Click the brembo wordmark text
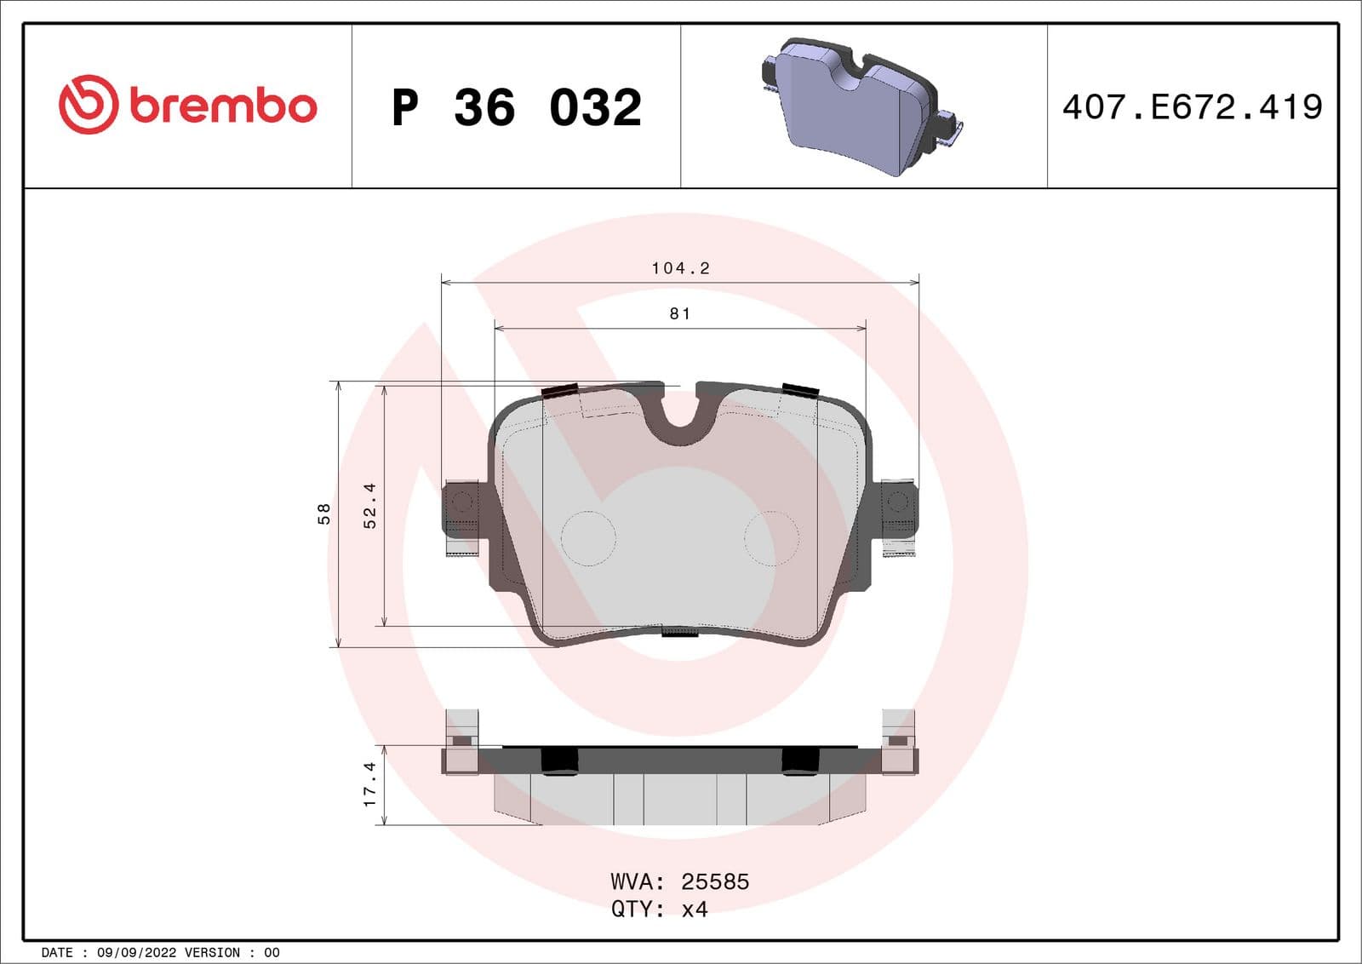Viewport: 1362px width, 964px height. point(223,106)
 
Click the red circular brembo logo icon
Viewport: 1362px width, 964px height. point(88,104)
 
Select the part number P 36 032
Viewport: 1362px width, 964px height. point(516,107)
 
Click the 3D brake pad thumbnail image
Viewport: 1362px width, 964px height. point(860,106)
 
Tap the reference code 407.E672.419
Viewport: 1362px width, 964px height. point(1192,107)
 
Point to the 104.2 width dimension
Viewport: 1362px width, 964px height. point(680,268)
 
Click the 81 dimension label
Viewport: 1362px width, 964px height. point(680,314)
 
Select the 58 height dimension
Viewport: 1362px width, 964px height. point(323,514)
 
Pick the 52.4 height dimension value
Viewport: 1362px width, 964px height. point(369,506)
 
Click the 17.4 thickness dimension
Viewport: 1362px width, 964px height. point(369,783)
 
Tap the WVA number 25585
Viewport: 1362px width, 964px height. point(715,881)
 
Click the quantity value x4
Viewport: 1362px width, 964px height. point(695,909)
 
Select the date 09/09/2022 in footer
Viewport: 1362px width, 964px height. point(136,953)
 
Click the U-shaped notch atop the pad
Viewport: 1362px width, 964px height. point(680,413)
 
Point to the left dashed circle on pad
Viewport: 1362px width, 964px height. point(588,538)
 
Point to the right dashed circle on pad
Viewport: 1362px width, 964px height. point(771,538)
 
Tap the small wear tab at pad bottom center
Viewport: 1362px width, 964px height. point(680,632)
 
